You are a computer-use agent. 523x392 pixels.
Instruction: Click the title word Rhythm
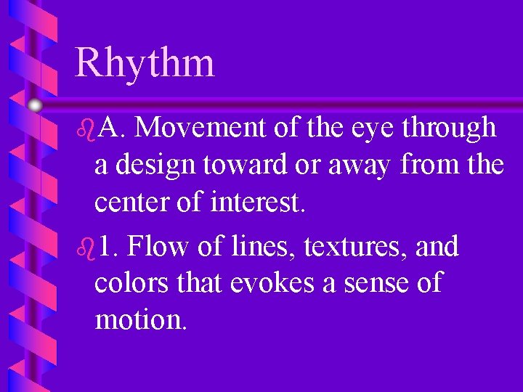[x=145, y=62]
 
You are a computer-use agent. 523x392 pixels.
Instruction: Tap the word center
[x=131, y=203]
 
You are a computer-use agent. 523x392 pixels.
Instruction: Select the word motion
[x=140, y=319]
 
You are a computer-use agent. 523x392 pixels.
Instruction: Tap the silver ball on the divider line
[x=35, y=105]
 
